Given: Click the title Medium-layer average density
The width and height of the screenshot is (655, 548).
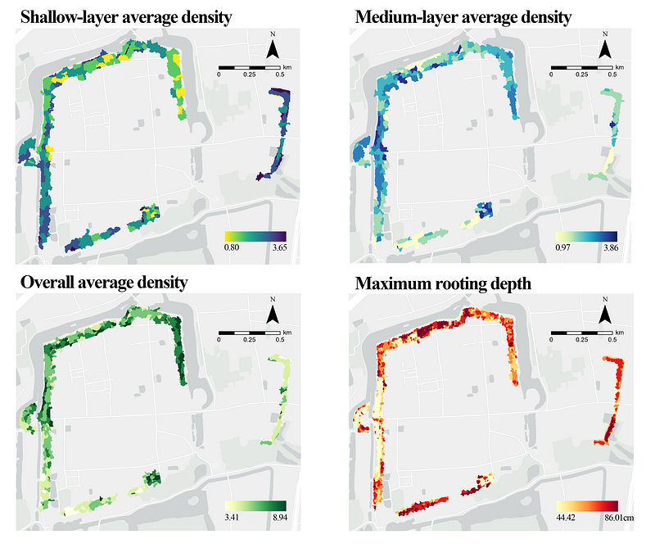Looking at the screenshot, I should tap(463, 16).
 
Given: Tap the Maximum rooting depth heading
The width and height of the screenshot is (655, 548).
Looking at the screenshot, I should tap(444, 283).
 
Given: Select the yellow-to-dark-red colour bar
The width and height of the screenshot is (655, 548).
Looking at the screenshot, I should tap(586, 506).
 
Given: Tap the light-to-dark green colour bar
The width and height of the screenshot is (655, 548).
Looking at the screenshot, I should tap(254, 506).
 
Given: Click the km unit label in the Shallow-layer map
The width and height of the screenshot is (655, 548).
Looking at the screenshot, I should tap(286, 66).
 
